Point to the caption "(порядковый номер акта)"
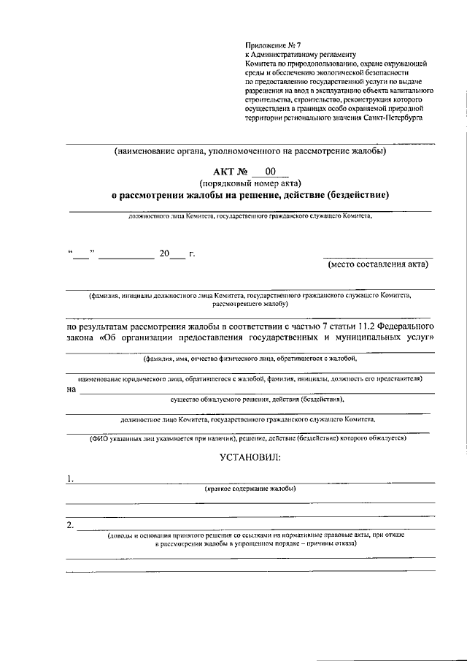point(250,183)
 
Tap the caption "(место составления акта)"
point(377,264)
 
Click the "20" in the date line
point(163,255)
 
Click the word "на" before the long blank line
point(71,389)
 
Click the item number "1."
point(70,479)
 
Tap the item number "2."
point(70,524)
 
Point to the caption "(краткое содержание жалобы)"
point(250,489)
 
